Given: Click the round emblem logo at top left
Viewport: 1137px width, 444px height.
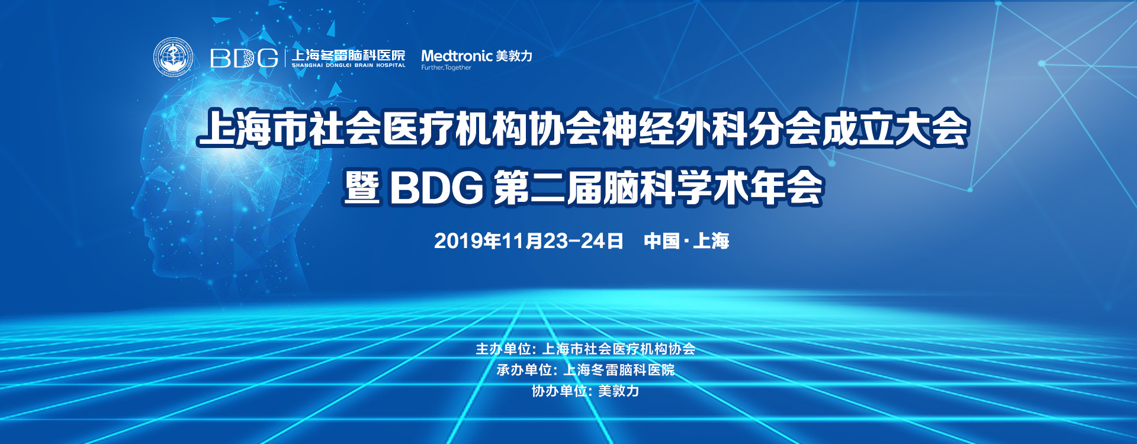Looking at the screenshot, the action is (x=173, y=57).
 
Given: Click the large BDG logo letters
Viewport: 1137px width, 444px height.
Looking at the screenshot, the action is (x=244, y=58).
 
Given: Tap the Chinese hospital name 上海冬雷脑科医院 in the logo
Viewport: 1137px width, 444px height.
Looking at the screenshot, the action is (x=349, y=55).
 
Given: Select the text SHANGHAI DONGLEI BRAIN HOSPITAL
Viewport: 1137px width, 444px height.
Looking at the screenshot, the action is (x=349, y=65).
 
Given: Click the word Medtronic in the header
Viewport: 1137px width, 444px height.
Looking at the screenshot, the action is (x=457, y=56).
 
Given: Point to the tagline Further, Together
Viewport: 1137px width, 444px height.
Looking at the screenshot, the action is (x=446, y=67).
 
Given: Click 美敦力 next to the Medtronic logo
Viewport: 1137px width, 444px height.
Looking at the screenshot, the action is (x=514, y=56).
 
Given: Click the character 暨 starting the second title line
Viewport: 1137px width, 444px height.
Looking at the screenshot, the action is (x=362, y=188).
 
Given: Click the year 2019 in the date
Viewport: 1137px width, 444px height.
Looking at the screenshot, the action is (x=458, y=241).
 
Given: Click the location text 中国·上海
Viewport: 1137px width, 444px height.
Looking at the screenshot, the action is (x=686, y=241).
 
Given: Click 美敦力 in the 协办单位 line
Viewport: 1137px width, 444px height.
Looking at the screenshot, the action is (x=619, y=391).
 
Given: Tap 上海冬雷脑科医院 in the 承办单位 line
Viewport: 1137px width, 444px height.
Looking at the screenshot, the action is (x=619, y=370).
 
